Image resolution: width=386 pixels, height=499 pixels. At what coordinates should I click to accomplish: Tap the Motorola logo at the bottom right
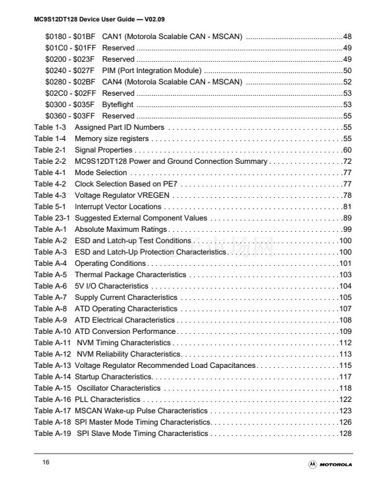(330, 464)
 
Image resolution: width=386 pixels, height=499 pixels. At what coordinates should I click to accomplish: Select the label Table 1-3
(50, 127)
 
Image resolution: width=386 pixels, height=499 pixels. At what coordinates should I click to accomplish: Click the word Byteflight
(118, 105)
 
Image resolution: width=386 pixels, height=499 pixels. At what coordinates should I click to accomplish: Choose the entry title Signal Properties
(103, 150)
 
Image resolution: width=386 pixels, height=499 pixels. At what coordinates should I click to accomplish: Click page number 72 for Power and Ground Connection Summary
(346, 161)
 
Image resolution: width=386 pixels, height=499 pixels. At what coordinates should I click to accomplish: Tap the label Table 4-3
(50, 195)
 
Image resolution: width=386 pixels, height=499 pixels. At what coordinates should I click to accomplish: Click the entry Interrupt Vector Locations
(118, 207)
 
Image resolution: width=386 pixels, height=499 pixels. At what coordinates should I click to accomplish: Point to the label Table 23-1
(52, 218)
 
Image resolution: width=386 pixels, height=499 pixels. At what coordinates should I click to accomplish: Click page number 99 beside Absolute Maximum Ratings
(346, 229)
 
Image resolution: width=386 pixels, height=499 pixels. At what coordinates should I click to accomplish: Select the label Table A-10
(52, 331)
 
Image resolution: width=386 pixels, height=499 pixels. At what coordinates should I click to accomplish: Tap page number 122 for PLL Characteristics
(344, 399)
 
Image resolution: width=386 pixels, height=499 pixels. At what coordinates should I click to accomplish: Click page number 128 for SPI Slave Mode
(344, 433)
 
